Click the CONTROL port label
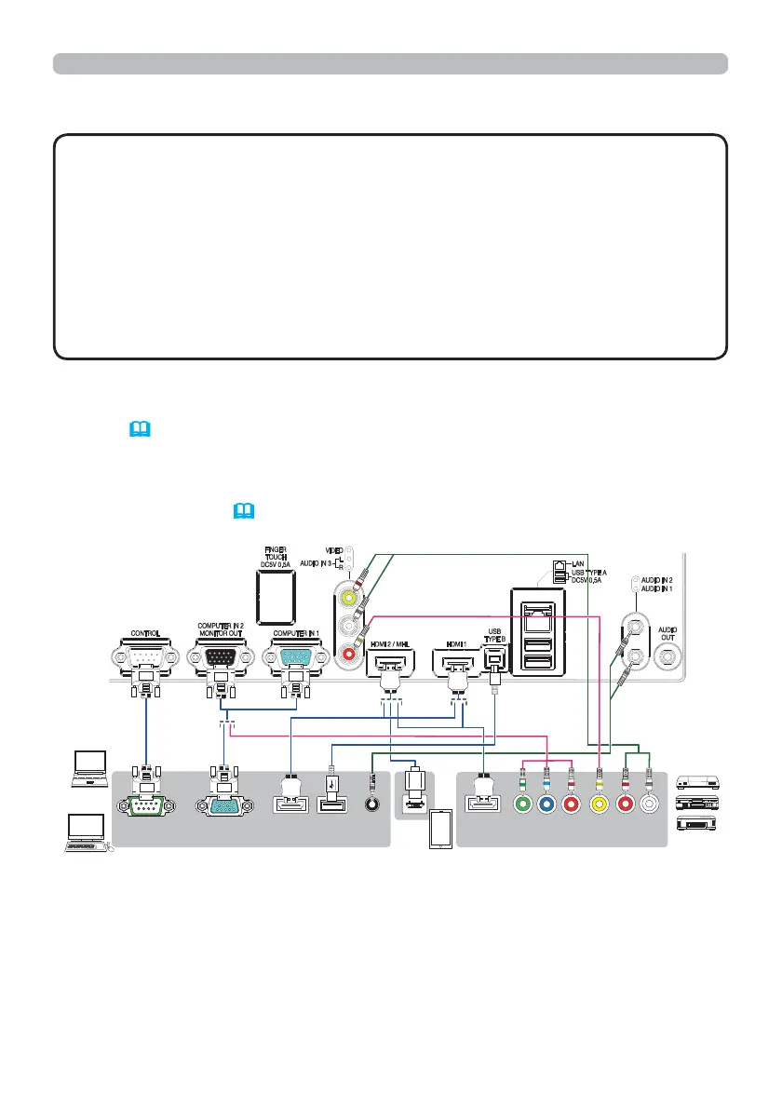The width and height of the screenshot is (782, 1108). click(x=146, y=633)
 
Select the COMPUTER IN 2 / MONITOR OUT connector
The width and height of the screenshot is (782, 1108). click(x=221, y=658)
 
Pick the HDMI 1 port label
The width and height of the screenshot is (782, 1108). click(x=455, y=644)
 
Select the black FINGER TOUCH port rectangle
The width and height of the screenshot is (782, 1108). click(x=276, y=595)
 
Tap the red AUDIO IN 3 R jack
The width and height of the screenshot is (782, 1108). click(x=350, y=655)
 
